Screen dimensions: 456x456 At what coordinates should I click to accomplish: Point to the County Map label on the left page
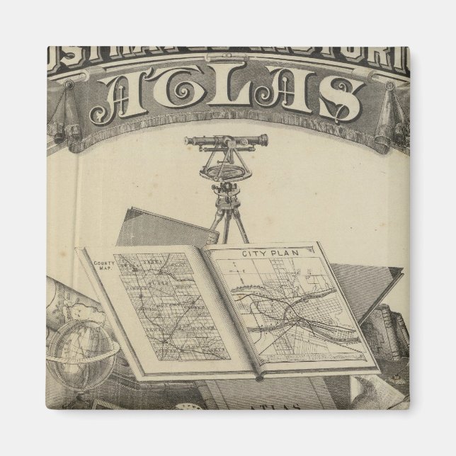(x=103, y=266)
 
